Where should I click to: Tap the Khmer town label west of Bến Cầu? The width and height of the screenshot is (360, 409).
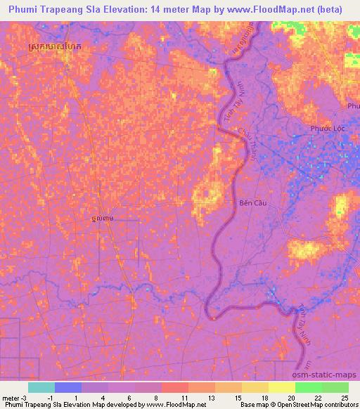point(103,219)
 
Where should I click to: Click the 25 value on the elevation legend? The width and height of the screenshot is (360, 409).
point(345,398)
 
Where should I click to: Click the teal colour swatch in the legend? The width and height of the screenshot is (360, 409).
point(41,387)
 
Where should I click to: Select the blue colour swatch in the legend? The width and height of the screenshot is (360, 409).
point(68,387)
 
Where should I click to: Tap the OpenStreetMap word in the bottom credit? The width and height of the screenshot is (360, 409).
point(288,405)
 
